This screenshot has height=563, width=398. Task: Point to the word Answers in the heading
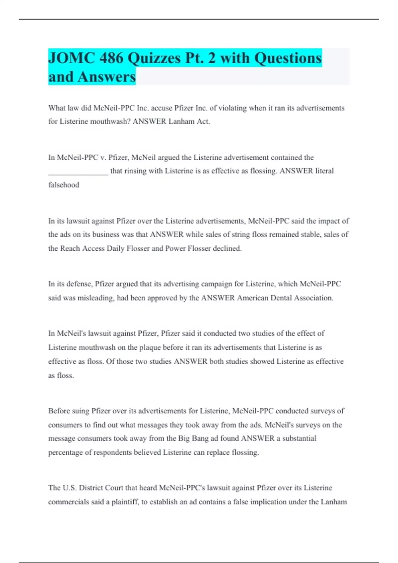coord(107,77)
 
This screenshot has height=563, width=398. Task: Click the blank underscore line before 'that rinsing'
coord(78,172)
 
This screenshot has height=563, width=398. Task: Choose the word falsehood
coord(64,185)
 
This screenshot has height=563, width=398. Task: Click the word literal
coord(324,171)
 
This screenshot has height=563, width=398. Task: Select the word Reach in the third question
coord(70,248)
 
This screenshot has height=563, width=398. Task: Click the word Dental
coord(281,298)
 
